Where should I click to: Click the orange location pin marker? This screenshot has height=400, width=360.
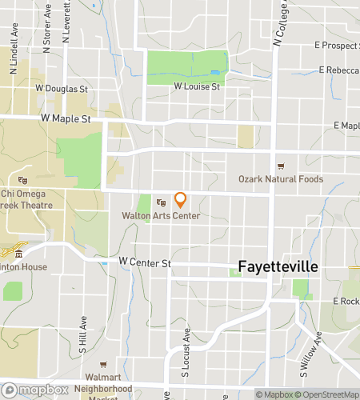point(181,199)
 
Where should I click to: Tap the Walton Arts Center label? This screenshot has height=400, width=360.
point(161,216)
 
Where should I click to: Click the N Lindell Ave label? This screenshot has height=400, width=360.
point(14,54)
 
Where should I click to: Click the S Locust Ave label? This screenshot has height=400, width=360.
point(185,353)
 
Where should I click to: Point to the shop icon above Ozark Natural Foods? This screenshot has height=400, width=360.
point(281,166)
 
